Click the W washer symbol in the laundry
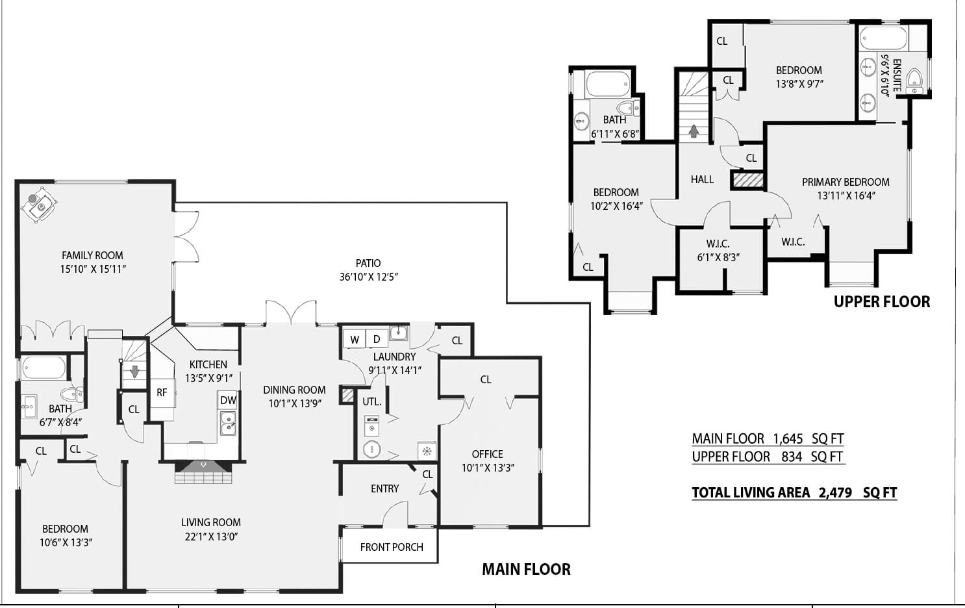pos(355,339)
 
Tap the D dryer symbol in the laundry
pos(377,339)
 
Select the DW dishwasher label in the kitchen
pos(228,400)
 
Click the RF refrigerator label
pos(162,392)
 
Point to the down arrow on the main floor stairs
pos(135,371)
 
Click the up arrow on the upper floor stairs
pos(694,131)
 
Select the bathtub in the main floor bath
pos(44,368)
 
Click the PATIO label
pos(368,263)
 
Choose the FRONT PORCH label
pos(392,547)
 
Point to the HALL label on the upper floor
pos(702,179)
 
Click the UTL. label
pos(372,401)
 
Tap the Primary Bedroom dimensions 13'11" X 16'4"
pos(847,196)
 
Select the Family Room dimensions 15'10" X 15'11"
pos(93,269)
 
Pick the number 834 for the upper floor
pos(792,457)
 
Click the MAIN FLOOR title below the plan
pos(526,569)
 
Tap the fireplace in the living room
pos(203,472)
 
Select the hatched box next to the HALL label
pos(748,180)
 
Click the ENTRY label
pos(384,488)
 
